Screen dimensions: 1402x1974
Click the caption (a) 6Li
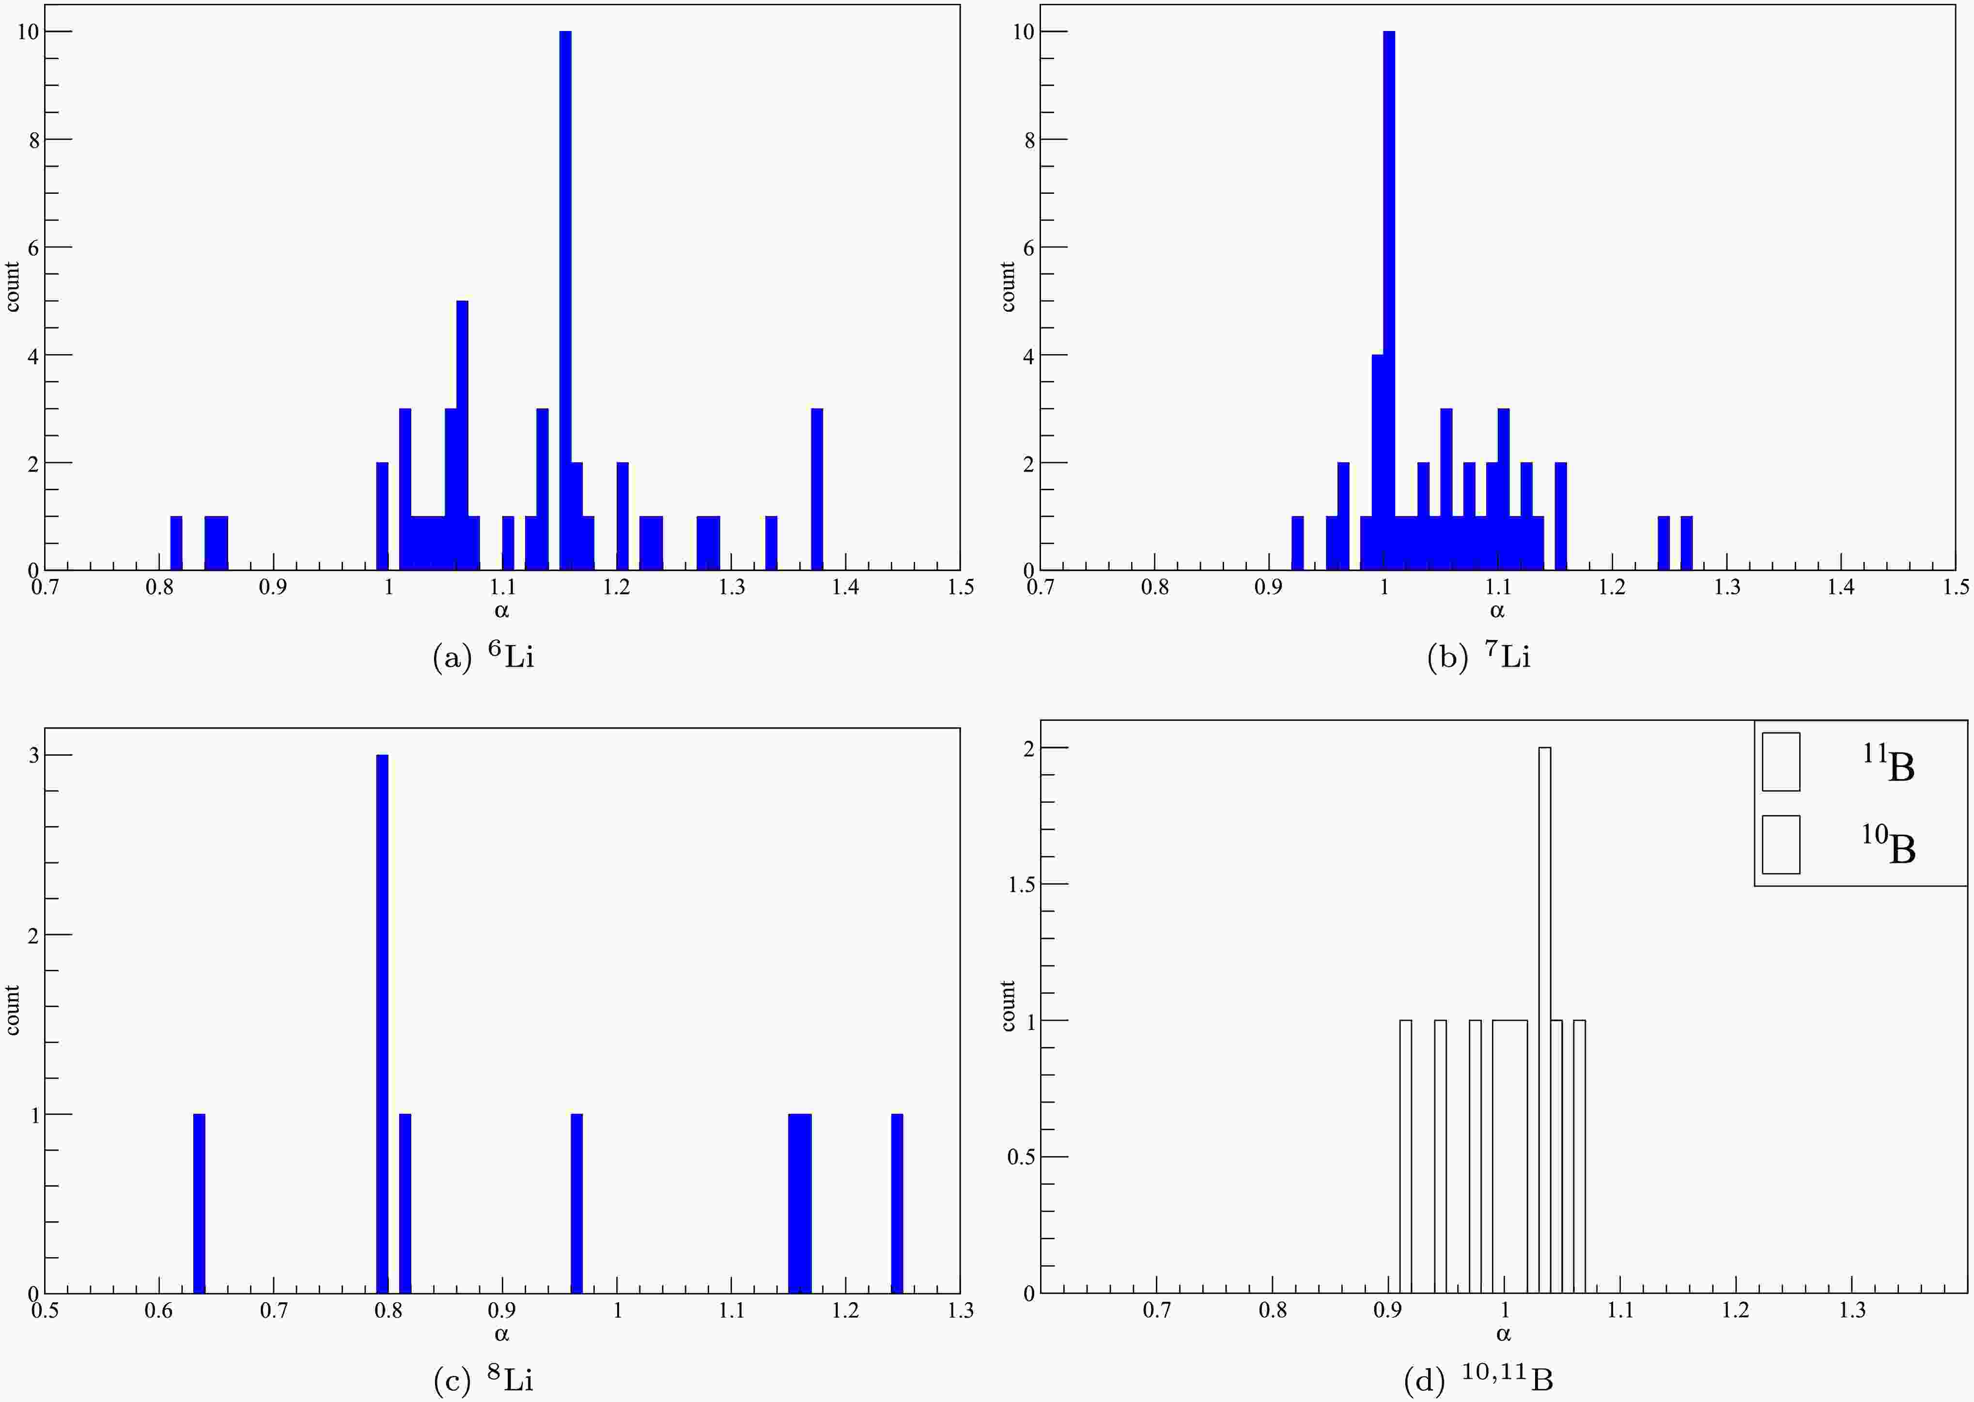pos(483,657)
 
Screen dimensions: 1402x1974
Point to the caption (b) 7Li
pos(1478,657)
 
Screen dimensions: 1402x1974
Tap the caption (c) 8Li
pos(483,1380)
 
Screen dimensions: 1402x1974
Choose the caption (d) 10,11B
pos(1478,1380)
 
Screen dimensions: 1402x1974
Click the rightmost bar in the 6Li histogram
pos(817,489)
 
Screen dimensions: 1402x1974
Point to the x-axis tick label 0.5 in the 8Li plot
pos(45,1310)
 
